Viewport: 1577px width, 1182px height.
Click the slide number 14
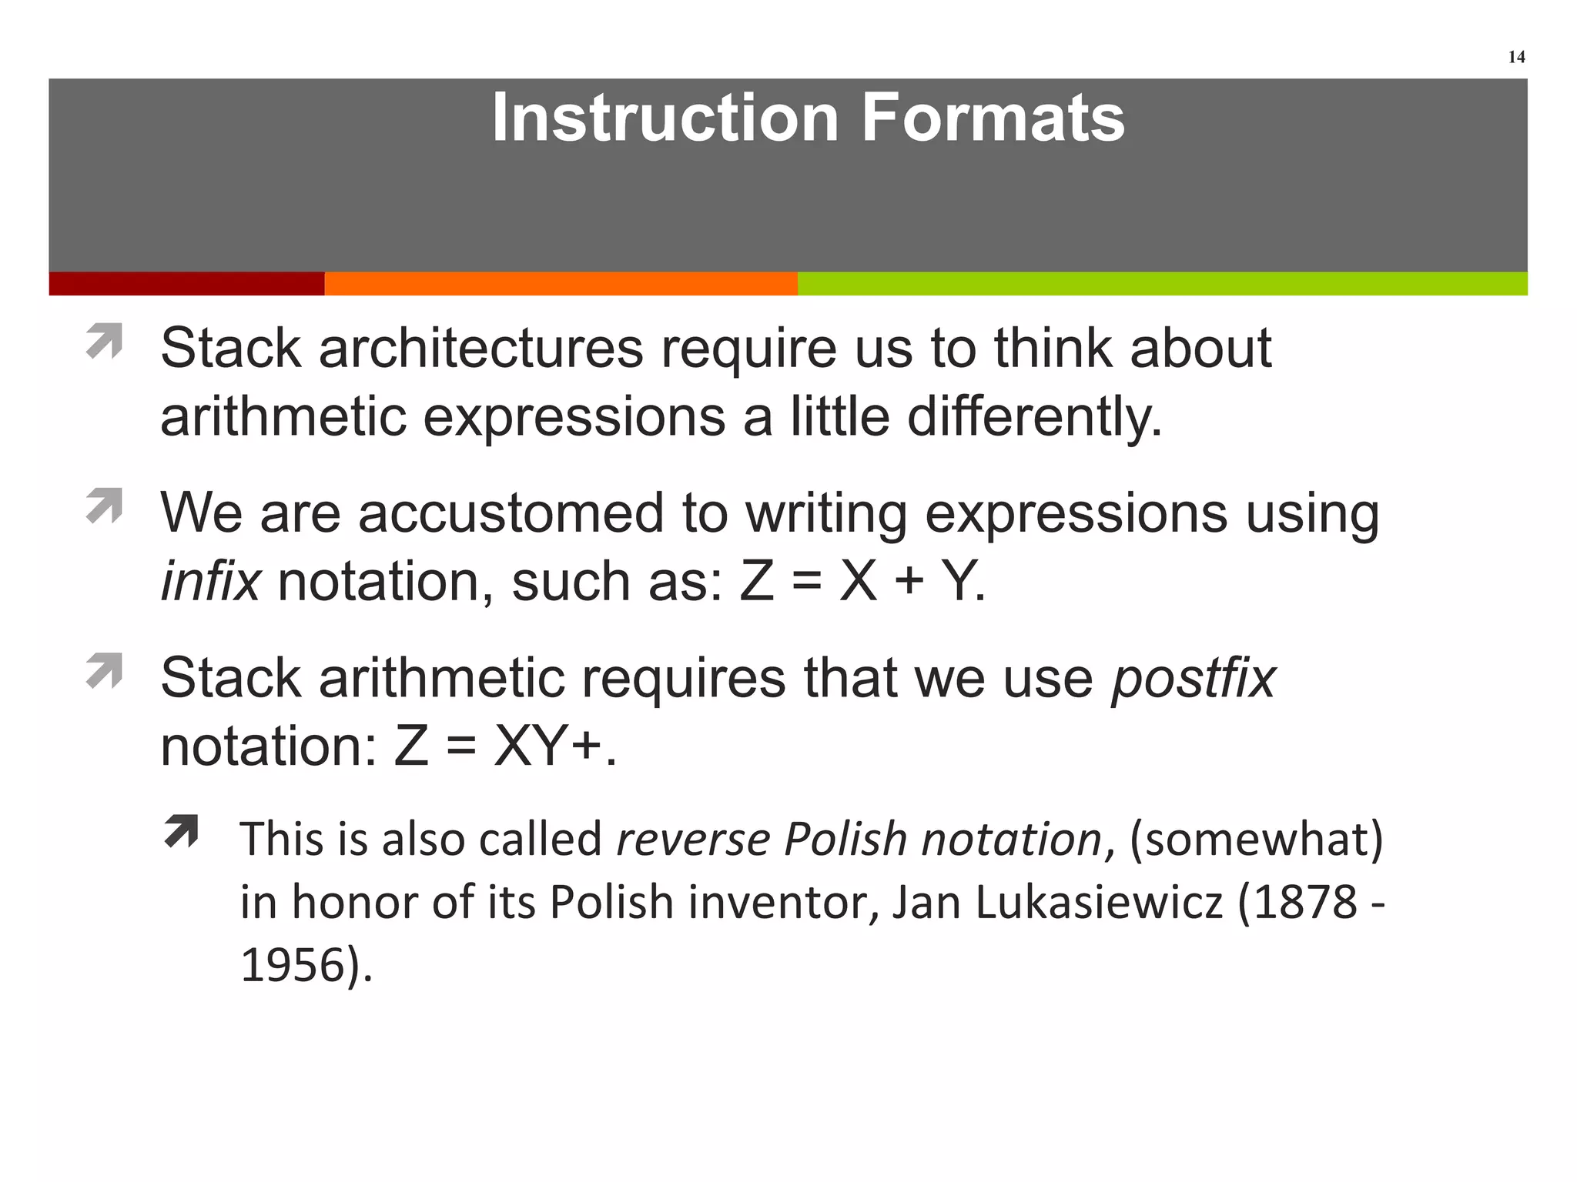tap(1516, 57)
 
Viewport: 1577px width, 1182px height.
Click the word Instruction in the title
tap(665, 118)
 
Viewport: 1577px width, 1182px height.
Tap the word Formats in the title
tap(993, 118)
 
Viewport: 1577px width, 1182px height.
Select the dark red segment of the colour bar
tap(186, 283)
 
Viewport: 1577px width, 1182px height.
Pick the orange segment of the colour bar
tap(561, 283)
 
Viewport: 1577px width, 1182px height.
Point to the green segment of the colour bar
tap(1162, 283)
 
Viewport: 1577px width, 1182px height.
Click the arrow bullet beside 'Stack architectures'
tap(105, 341)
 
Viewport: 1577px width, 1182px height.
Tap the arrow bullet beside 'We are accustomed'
tap(105, 506)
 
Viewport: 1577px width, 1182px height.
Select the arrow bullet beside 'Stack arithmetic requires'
tap(105, 670)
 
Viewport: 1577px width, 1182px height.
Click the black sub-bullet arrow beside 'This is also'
tap(182, 832)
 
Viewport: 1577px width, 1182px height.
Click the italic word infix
tap(210, 582)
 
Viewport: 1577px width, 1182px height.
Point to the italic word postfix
tap(1193, 679)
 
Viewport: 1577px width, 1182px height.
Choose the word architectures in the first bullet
tap(480, 349)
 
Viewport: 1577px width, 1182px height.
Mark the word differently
tap(1033, 417)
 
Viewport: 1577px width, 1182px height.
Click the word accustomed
tap(511, 513)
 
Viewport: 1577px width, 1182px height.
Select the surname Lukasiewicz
tap(1100, 902)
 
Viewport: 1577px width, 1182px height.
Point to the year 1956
tap(292, 965)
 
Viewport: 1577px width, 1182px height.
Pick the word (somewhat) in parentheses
tap(1256, 839)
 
